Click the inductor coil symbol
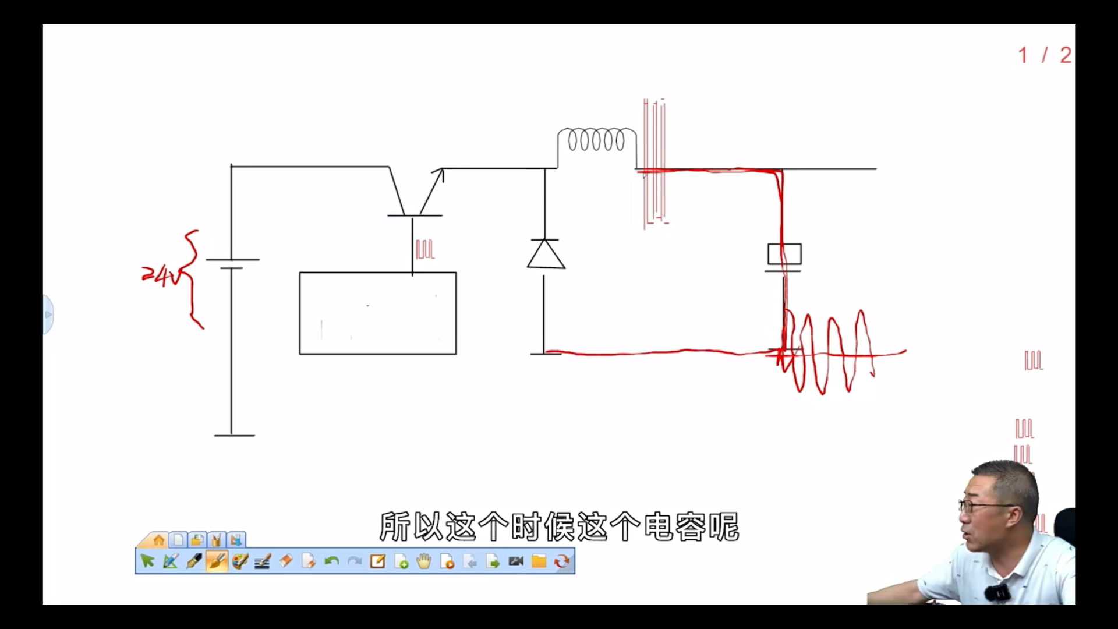click(596, 140)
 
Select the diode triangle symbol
click(546, 255)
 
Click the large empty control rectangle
click(377, 313)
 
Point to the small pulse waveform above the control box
click(425, 249)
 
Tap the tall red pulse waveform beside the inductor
click(654, 163)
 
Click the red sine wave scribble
click(830, 352)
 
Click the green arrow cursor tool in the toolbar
click(147, 561)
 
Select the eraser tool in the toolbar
click(285, 561)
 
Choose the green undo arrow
click(331, 561)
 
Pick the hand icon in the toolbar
click(424, 561)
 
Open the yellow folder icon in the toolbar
click(539, 561)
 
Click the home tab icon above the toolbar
click(158, 540)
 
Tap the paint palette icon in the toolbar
click(239, 561)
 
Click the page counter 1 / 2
click(1044, 56)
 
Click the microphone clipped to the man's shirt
click(997, 593)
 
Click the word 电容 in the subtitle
click(673, 526)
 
